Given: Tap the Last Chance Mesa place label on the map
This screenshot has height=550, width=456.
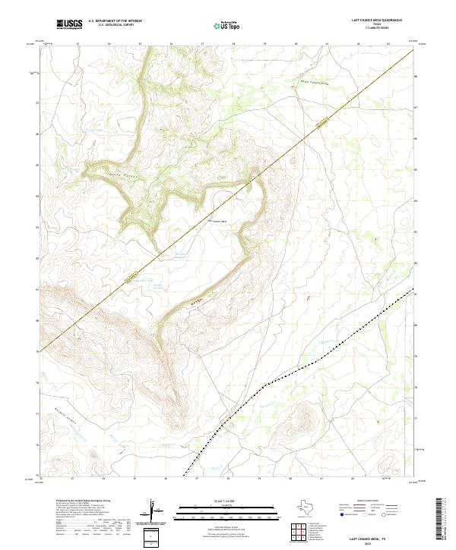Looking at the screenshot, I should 220,222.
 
